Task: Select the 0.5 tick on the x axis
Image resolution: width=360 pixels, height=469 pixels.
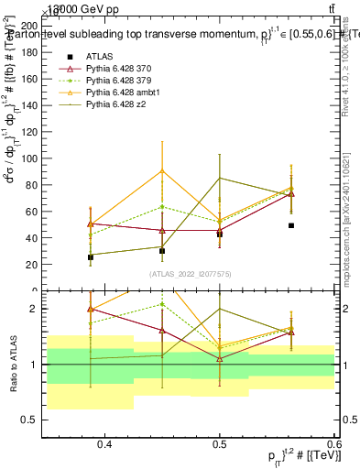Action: click(219, 444)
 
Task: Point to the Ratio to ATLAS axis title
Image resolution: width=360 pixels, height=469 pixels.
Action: click(13, 365)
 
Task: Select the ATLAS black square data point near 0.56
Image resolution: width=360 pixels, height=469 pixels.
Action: click(291, 225)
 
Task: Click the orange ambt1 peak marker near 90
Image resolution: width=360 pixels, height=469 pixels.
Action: click(162, 171)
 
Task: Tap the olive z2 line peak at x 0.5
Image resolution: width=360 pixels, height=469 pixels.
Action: click(220, 178)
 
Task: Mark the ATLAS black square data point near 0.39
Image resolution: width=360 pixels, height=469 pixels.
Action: click(90, 257)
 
